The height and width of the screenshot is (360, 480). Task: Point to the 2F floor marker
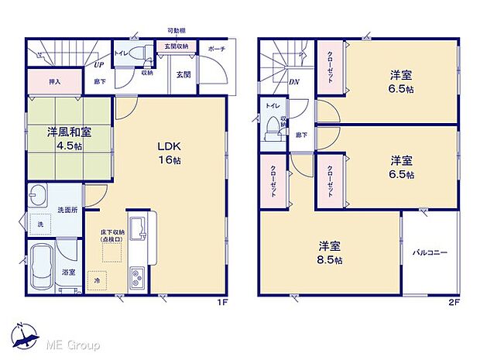454,302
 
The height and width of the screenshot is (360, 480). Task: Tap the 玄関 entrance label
183,74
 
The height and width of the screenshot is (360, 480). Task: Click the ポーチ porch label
216,47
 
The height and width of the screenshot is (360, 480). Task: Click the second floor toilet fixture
271,124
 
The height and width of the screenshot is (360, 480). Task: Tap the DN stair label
294,81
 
